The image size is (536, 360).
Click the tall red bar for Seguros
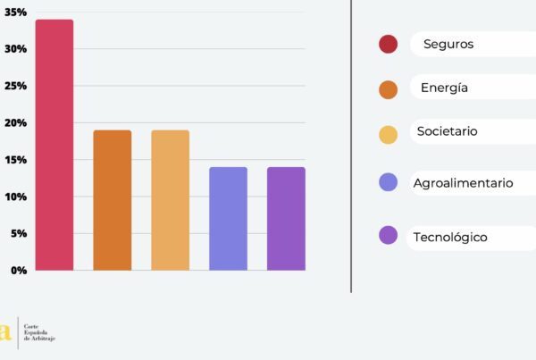click(54, 145)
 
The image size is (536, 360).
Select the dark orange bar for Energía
click(113, 200)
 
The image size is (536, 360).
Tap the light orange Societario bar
click(170, 200)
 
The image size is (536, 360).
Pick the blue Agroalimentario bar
click(228, 218)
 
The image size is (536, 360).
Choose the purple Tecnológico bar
click(286, 218)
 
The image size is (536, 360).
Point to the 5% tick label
click(17, 233)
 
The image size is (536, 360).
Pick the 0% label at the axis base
click(17, 270)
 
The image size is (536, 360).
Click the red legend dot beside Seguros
click(388, 44)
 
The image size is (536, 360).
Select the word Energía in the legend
click(444, 88)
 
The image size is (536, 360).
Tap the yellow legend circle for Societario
click(388, 135)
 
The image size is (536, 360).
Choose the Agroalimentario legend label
click(463, 183)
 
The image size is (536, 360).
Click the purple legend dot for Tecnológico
click(388, 235)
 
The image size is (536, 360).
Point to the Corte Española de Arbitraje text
click(38, 333)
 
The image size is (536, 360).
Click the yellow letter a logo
click(6, 332)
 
